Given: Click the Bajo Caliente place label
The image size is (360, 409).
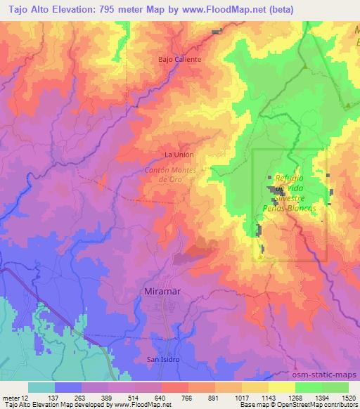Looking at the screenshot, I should (x=179, y=60).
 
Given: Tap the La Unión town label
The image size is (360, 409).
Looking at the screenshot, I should (x=178, y=155).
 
